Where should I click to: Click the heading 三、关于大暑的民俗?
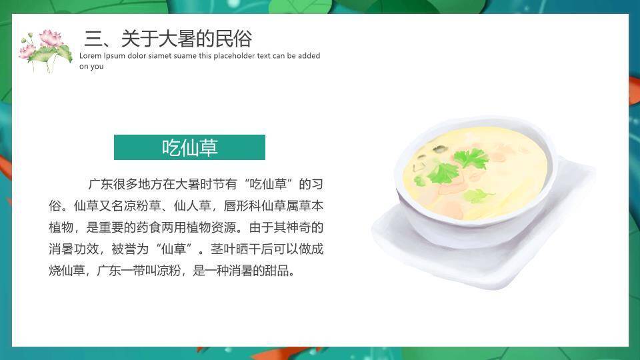point(168,39)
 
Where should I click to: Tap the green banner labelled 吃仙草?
point(189,147)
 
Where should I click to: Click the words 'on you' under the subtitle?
point(91,67)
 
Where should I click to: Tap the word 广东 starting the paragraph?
point(101,184)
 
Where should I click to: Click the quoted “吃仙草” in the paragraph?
point(269,184)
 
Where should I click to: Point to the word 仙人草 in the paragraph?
point(192,206)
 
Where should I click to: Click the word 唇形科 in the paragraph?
point(243,206)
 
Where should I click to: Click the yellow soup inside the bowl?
point(475,174)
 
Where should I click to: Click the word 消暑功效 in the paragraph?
point(74,249)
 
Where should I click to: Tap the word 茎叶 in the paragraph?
point(223,249)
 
